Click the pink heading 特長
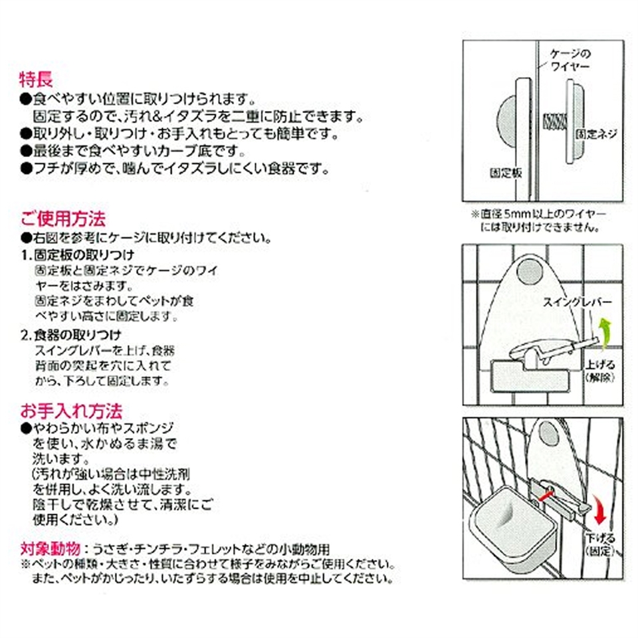36,79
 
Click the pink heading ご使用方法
63,219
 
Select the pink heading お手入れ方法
71,411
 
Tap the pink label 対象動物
50,549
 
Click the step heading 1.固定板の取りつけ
78,255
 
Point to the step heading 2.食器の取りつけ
71,335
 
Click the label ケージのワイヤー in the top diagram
570,60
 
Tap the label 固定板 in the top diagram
506,173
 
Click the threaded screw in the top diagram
555,121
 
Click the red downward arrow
599,510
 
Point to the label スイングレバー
578,302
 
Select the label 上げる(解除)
599,371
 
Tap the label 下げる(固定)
600,544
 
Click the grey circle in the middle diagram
529,270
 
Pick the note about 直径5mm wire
538,220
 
